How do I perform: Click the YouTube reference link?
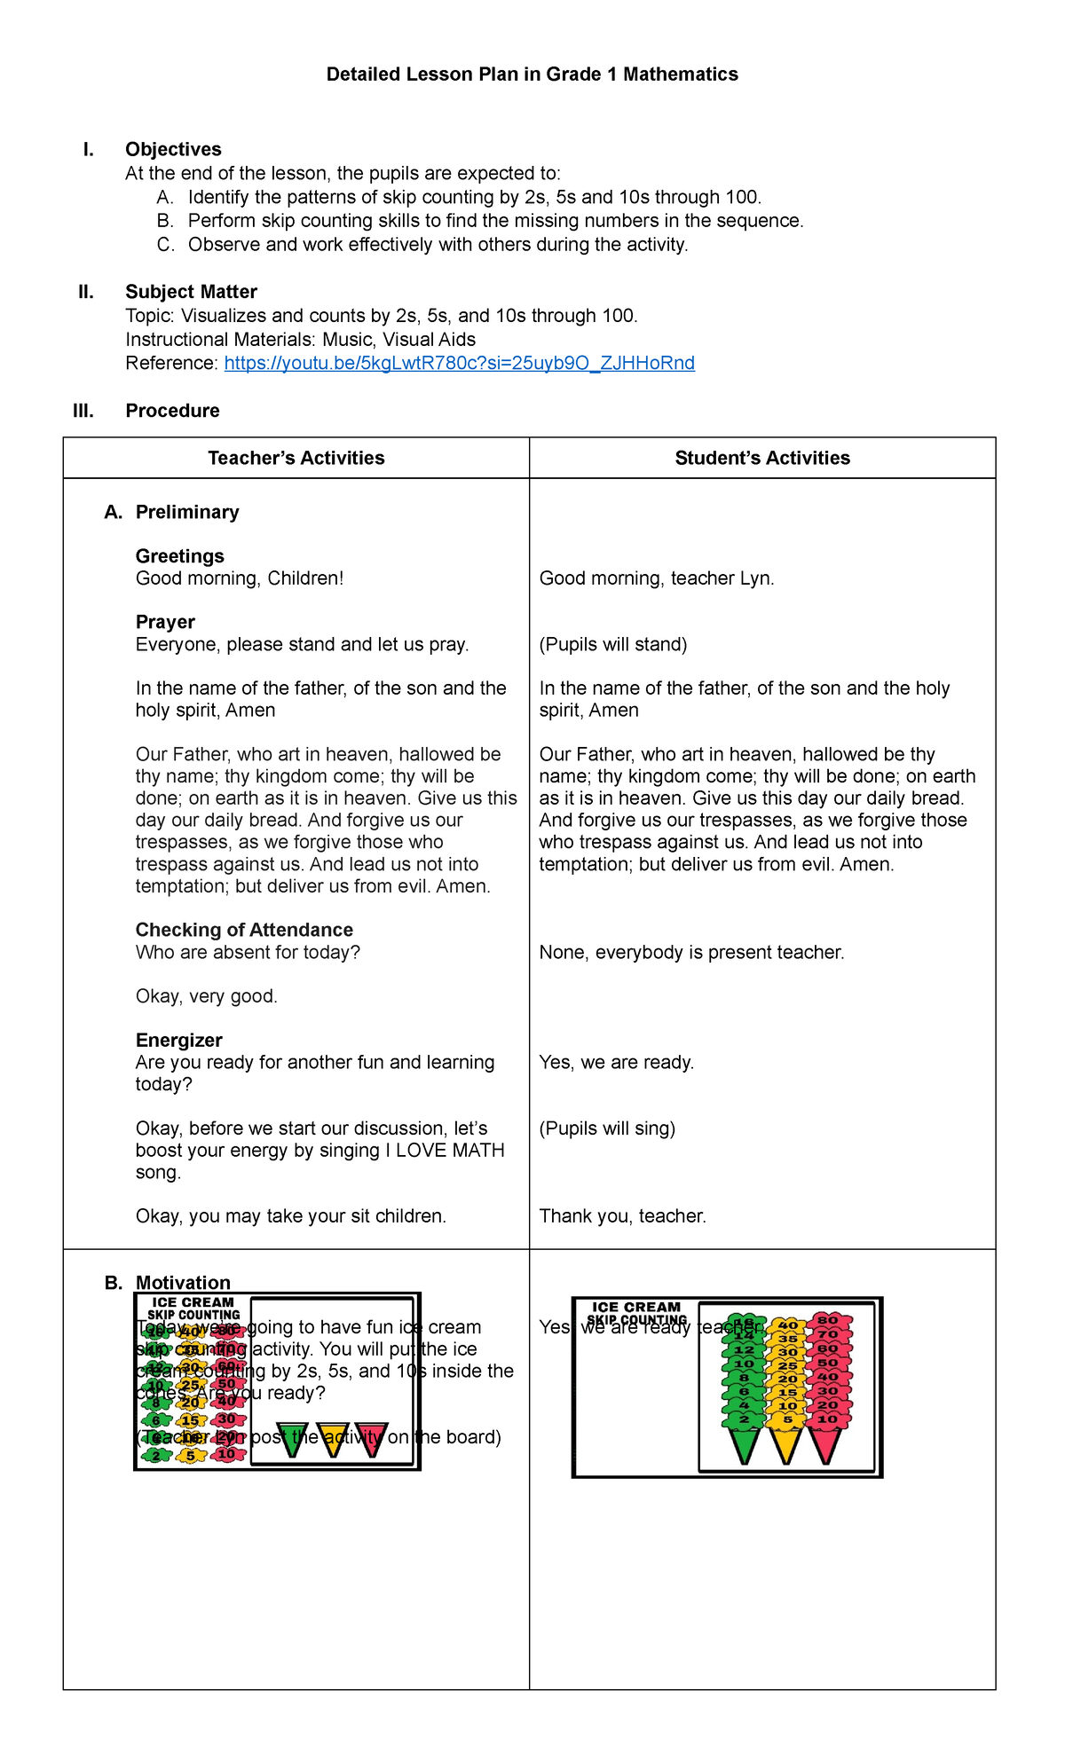click(459, 363)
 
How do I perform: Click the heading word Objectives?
click(173, 149)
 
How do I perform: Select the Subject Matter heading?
click(191, 292)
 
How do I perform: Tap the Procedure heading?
click(172, 411)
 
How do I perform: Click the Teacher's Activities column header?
click(296, 458)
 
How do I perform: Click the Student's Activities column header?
click(761, 458)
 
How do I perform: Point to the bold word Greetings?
click(179, 556)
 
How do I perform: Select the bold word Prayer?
click(165, 622)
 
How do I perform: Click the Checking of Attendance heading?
click(244, 930)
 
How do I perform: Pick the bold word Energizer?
click(178, 1040)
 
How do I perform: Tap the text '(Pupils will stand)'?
click(613, 644)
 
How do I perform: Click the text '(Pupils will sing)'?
click(607, 1128)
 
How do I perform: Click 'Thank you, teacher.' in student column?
click(622, 1216)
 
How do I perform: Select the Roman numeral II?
click(86, 292)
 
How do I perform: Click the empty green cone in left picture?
click(293, 1438)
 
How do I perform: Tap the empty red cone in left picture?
click(371, 1438)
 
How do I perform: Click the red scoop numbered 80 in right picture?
click(827, 1320)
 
